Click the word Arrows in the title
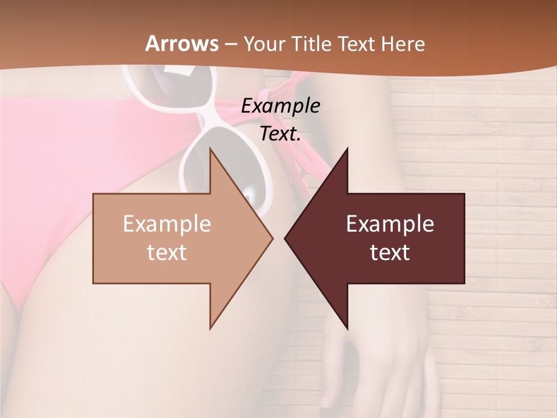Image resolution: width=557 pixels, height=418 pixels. (x=182, y=44)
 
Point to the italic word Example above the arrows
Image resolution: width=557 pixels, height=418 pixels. (x=280, y=106)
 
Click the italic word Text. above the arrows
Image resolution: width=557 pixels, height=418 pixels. (x=280, y=134)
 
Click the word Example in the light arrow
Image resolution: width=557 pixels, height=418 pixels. (x=167, y=224)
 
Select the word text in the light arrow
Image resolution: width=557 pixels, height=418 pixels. (x=167, y=253)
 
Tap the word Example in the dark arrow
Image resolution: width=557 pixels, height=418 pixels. (x=390, y=224)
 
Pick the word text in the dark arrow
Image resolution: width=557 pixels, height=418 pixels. (x=390, y=253)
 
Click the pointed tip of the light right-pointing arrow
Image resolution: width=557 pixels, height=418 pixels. (x=273, y=238)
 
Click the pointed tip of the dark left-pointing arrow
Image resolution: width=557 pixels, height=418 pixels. (x=285, y=238)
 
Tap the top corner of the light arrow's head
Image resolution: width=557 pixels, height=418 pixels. (x=210, y=149)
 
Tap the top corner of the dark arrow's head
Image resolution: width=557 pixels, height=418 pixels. (x=347, y=149)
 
